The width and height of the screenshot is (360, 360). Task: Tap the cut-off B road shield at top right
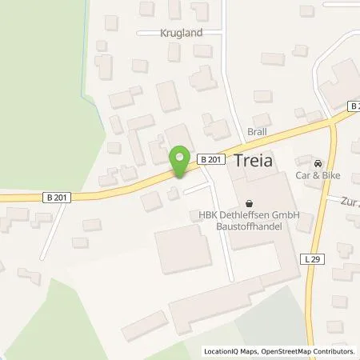tap(354, 106)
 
